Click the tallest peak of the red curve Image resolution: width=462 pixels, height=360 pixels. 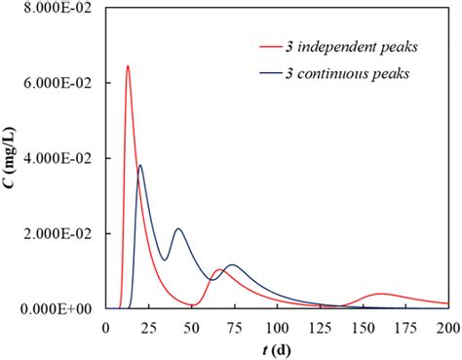point(128,66)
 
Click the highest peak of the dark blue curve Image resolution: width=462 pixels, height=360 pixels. point(140,166)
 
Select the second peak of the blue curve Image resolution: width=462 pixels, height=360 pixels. point(178,229)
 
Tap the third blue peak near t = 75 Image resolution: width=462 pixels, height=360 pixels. point(232,265)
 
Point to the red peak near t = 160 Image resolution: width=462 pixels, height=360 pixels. point(380,294)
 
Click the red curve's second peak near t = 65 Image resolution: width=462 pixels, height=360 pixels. point(218,270)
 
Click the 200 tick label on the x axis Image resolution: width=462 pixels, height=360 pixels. point(447,327)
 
